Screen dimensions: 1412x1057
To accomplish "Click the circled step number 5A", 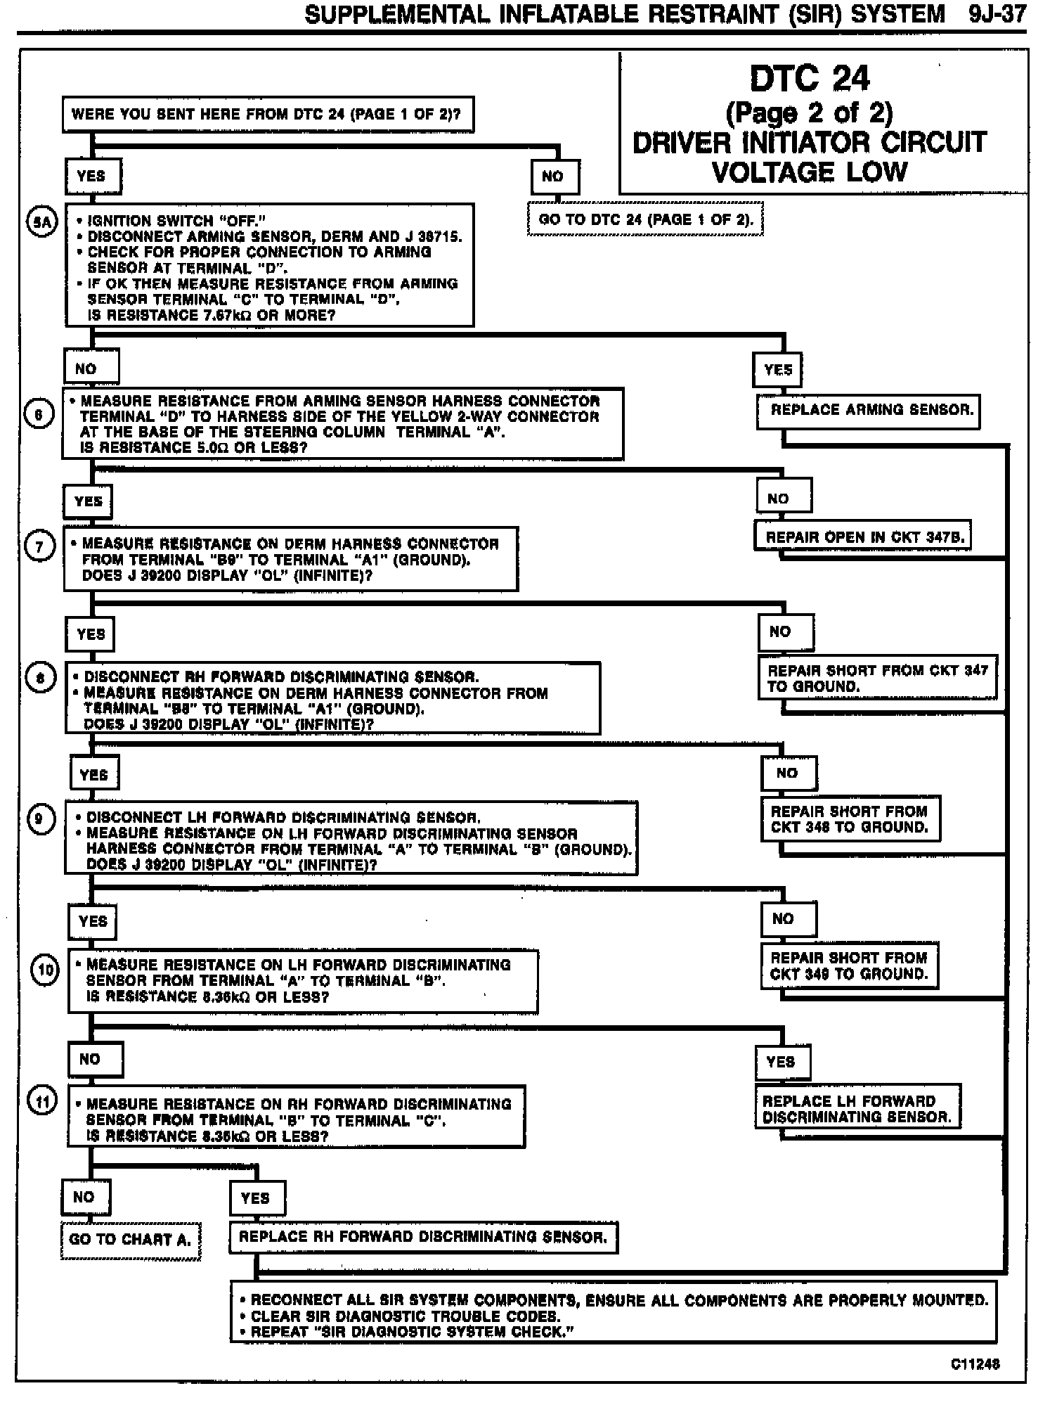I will tap(40, 223).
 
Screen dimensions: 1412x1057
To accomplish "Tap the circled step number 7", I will tap(39, 546).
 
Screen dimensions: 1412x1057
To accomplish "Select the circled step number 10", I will tap(46, 971).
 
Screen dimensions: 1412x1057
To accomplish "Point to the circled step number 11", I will tap(43, 1102).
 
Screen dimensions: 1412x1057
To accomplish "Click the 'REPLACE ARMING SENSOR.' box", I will tap(868, 411).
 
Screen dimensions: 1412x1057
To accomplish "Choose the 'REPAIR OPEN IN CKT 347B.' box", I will tap(862, 537).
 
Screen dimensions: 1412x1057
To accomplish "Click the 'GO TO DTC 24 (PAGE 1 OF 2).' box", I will tap(645, 220).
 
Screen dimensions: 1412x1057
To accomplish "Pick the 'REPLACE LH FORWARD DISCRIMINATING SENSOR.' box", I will tap(857, 1109).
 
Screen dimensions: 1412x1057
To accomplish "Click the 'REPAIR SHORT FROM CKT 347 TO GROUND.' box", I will tap(876, 679).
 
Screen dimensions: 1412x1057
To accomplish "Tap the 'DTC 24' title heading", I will tap(810, 78).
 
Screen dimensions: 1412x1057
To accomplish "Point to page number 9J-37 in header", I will tap(997, 14).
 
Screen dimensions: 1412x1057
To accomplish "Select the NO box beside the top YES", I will tap(554, 176).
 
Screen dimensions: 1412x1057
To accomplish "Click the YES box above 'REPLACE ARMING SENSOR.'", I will tap(778, 370).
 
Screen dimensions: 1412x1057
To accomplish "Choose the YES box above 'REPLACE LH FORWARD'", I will tap(782, 1062).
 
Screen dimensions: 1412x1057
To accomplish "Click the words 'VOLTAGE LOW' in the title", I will tap(810, 172).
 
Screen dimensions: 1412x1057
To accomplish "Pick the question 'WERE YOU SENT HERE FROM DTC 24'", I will tap(268, 115).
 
